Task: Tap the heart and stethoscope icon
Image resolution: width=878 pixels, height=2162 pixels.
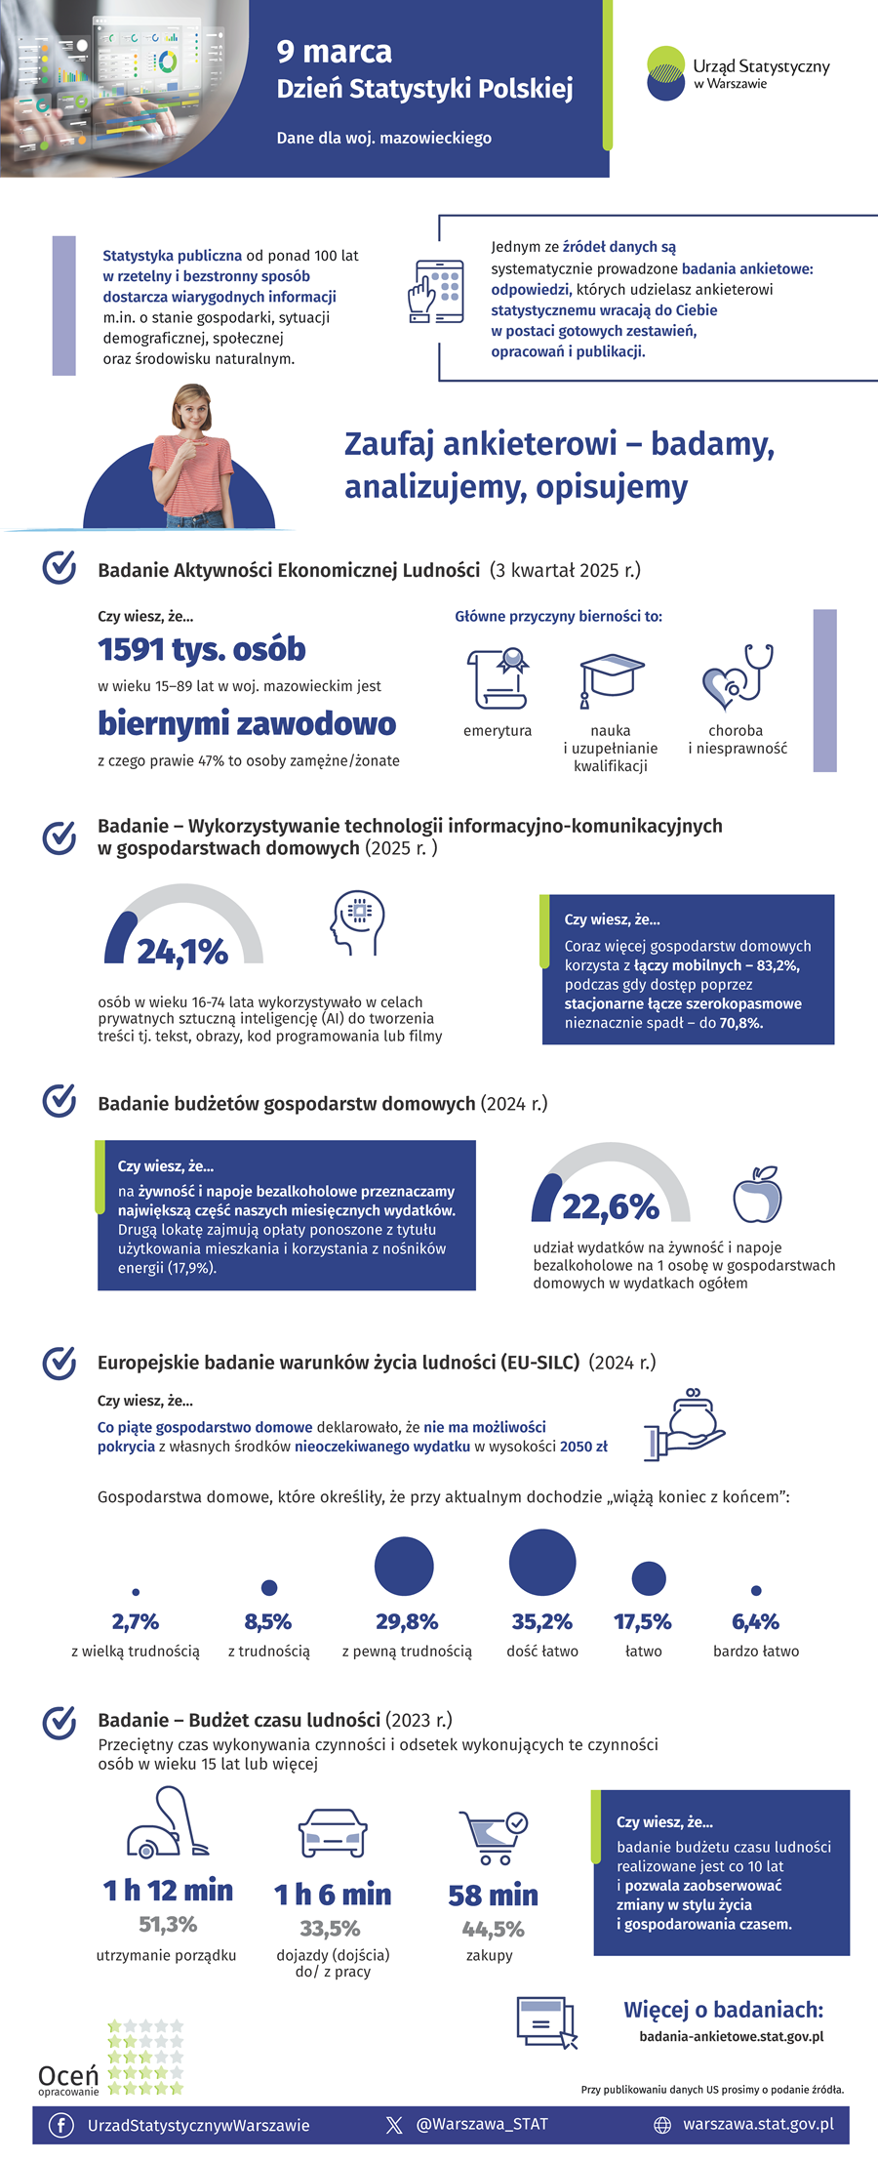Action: pyautogui.click(x=738, y=676)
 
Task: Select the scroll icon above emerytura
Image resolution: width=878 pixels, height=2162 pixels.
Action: pyautogui.click(x=498, y=678)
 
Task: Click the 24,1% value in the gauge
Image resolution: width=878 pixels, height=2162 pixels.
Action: pyautogui.click(x=182, y=951)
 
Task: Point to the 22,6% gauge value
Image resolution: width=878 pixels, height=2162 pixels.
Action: pyautogui.click(x=611, y=1206)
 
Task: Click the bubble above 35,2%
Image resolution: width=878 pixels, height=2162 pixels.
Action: pyautogui.click(x=542, y=1562)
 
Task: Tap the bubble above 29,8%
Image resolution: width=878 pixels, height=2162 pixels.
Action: pyautogui.click(x=404, y=1566)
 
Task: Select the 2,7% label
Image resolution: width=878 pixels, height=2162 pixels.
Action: pyautogui.click(x=136, y=1622)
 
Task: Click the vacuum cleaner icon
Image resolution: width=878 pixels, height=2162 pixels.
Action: pyautogui.click(x=167, y=1822)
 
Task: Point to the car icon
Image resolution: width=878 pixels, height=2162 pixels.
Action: pyautogui.click(x=333, y=1832)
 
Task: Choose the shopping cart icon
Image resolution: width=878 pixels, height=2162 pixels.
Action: pyautogui.click(x=494, y=1837)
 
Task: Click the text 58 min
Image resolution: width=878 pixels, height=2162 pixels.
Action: pyautogui.click(x=493, y=1896)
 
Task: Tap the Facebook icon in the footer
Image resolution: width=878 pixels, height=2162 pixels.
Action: pyautogui.click(x=61, y=2125)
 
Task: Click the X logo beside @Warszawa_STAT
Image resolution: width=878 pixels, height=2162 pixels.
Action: pyautogui.click(x=394, y=2125)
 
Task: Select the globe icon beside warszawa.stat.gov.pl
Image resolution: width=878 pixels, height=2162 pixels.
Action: pyautogui.click(x=662, y=2125)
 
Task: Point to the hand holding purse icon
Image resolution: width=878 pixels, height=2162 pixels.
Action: pyautogui.click(x=685, y=1424)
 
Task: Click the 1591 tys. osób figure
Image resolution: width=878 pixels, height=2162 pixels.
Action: pyautogui.click(x=202, y=649)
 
